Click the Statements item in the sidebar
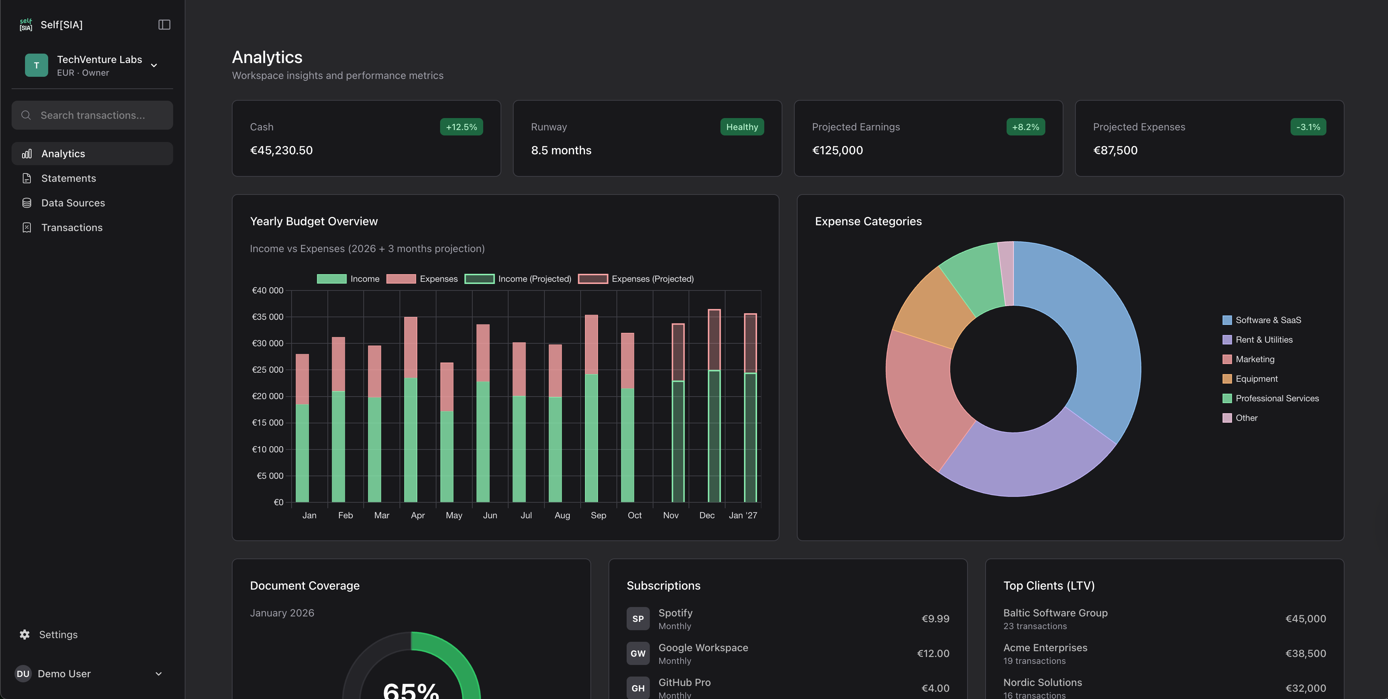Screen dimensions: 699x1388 click(68, 179)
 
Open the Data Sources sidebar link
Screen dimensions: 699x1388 click(73, 203)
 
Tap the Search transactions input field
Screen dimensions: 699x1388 click(93, 115)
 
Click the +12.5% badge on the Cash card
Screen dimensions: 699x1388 click(461, 127)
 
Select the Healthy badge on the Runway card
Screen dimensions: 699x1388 click(741, 127)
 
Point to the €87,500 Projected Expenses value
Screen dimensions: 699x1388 click(1115, 150)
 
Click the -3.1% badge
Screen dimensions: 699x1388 click(1308, 127)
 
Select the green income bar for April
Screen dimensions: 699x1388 click(411, 439)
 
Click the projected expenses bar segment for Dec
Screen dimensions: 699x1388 click(714, 339)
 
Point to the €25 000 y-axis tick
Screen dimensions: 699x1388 click(267, 370)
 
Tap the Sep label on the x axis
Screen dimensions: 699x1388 click(598, 515)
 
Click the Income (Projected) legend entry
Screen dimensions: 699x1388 click(518, 279)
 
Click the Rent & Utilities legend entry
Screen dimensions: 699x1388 click(1263, 339)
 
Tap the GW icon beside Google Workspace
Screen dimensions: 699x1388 click(637, 653)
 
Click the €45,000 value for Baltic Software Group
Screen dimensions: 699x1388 click(1305, 619)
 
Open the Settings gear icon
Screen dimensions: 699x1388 click(25, 634)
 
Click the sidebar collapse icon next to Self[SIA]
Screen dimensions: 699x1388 click(164, 25)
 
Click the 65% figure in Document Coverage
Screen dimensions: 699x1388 click(411, 689)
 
